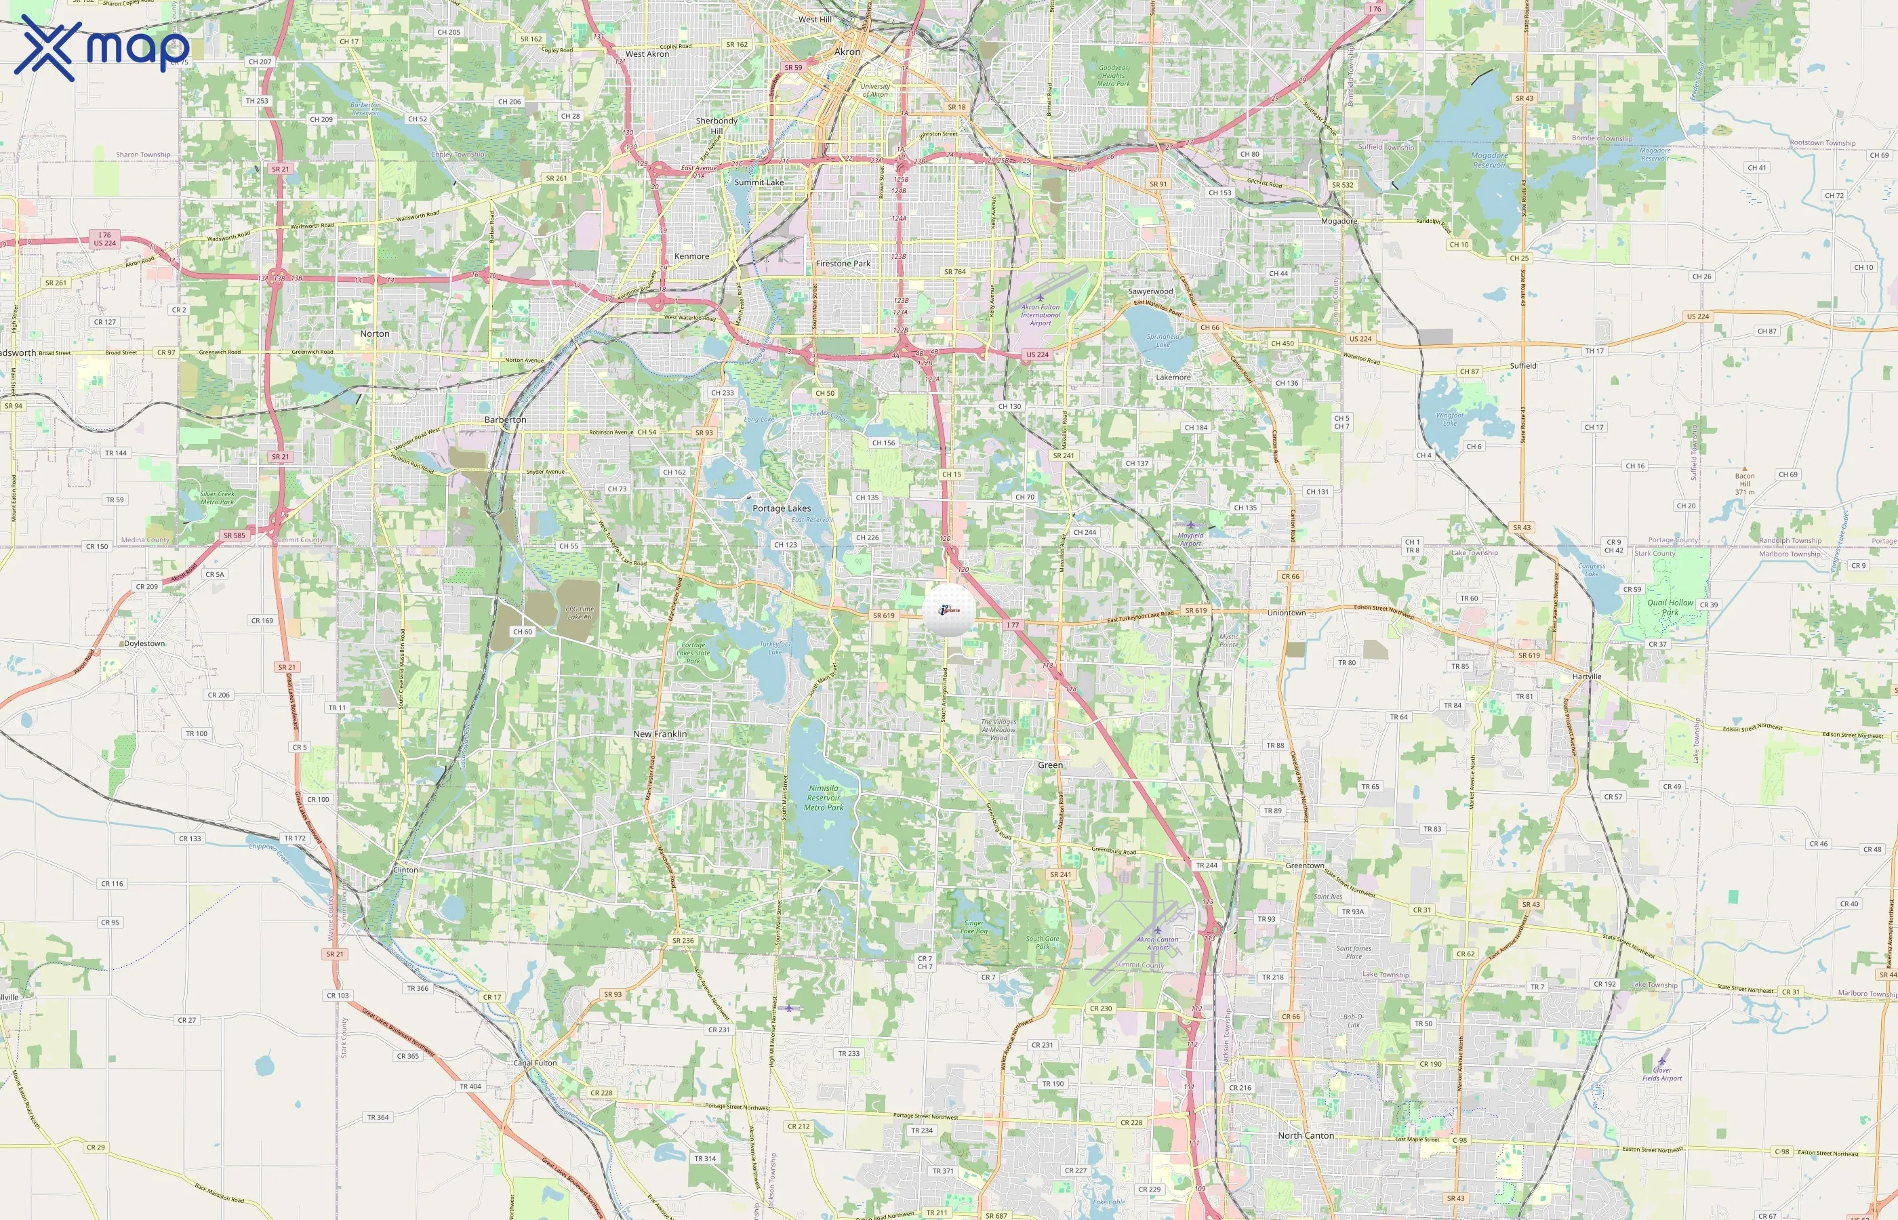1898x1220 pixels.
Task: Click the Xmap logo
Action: coord(102,47)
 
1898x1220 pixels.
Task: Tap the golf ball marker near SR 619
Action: coord(949,610)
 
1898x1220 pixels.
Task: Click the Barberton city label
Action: coord(506,420)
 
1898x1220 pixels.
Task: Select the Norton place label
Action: coord(375,334)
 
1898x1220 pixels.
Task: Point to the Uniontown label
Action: coord(1286,613)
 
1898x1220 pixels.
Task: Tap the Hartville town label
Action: coord(1587,676)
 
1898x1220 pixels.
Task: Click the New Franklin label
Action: coord(660,735)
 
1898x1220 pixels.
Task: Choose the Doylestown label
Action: coord(144,643)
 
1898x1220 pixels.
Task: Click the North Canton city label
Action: coord(1306,1135)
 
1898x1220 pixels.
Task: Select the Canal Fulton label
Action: coord(535,1063)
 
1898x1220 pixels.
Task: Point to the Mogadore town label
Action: coord(1339,221)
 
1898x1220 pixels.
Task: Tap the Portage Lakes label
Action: coord(781,508)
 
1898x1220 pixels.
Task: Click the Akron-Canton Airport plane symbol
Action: coord(1157,930)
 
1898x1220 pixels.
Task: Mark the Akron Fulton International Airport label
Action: coord(1040,314)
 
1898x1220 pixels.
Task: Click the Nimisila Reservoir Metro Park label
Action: coord(824,798)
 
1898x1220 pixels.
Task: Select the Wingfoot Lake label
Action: coord(1450,418)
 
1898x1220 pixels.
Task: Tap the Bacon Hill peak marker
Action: coord(1744,468)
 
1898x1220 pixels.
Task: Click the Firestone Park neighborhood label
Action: coord(843,264)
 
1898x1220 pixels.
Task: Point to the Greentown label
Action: coord(1304,866)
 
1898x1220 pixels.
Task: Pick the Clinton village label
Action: coord(405,870)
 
